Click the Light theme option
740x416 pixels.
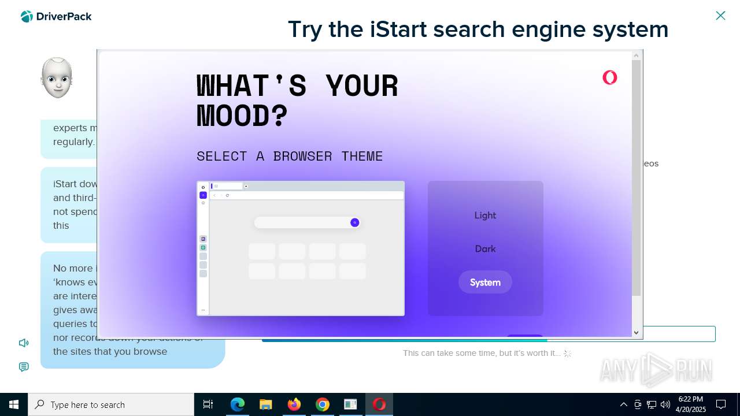pyautogui.click(x=485, y=216)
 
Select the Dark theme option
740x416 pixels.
pyautogui.click(x=485, y=249)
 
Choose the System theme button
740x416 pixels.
pyautogui.click(x=485, y=283)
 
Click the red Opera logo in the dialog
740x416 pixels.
pyautogui.click(x=609, y=77)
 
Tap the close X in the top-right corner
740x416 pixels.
pyautogui.click(x=720, y=16)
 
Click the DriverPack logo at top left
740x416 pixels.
pyautogui.click(x=56, y=17)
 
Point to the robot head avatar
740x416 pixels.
pyautogui.click(x=57, y=78)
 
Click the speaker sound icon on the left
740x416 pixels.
pyautogui.click(x=24, y=343)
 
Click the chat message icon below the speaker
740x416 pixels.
pyautogui.click(x=24, y=367)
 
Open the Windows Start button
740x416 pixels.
pyautogui.click(x=14, y=404)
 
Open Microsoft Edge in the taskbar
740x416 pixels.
pyautogui.click(x=238, y=404)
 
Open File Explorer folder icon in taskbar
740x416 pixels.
pyautogui.click(x=265, y=404)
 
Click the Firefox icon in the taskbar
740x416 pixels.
pyautogui.click(x=294, y=404)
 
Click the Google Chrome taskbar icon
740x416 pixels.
pyautogui.click(x=322, y=404)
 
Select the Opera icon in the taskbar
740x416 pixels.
pyautogui.click(x=379, y=404)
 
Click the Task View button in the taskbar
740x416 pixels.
pyautogui.click(x=208, y=404)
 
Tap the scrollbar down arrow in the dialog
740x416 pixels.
pyautogui.click(x=636, y=332)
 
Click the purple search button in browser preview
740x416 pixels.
pyautogui.click(x=355, y=223)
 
